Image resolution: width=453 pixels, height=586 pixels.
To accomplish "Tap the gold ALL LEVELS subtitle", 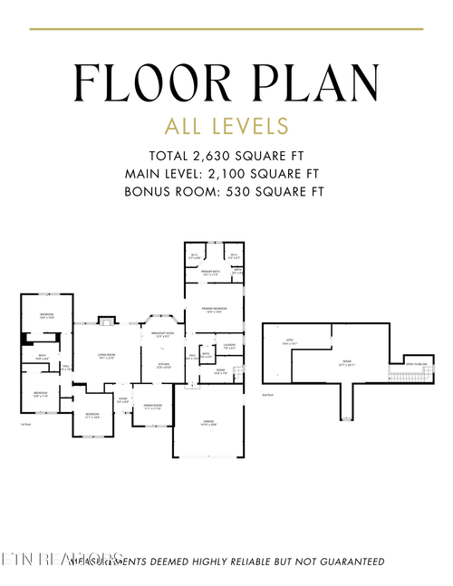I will [x=226, y=125].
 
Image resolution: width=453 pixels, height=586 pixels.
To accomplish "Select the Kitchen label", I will [x=164, y=366].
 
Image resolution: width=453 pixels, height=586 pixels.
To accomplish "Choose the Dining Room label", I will [x=151, y=406].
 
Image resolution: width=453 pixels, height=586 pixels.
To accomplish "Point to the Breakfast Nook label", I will [x=162, y=335].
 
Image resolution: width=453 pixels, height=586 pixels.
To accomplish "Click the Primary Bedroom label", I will [x=214, y=311].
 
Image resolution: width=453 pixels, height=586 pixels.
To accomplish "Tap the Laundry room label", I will [x=229, y=345].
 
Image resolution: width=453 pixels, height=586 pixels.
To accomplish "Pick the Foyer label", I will [x=122, y=399].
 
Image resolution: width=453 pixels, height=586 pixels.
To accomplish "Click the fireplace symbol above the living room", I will [x=106, y=320].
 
